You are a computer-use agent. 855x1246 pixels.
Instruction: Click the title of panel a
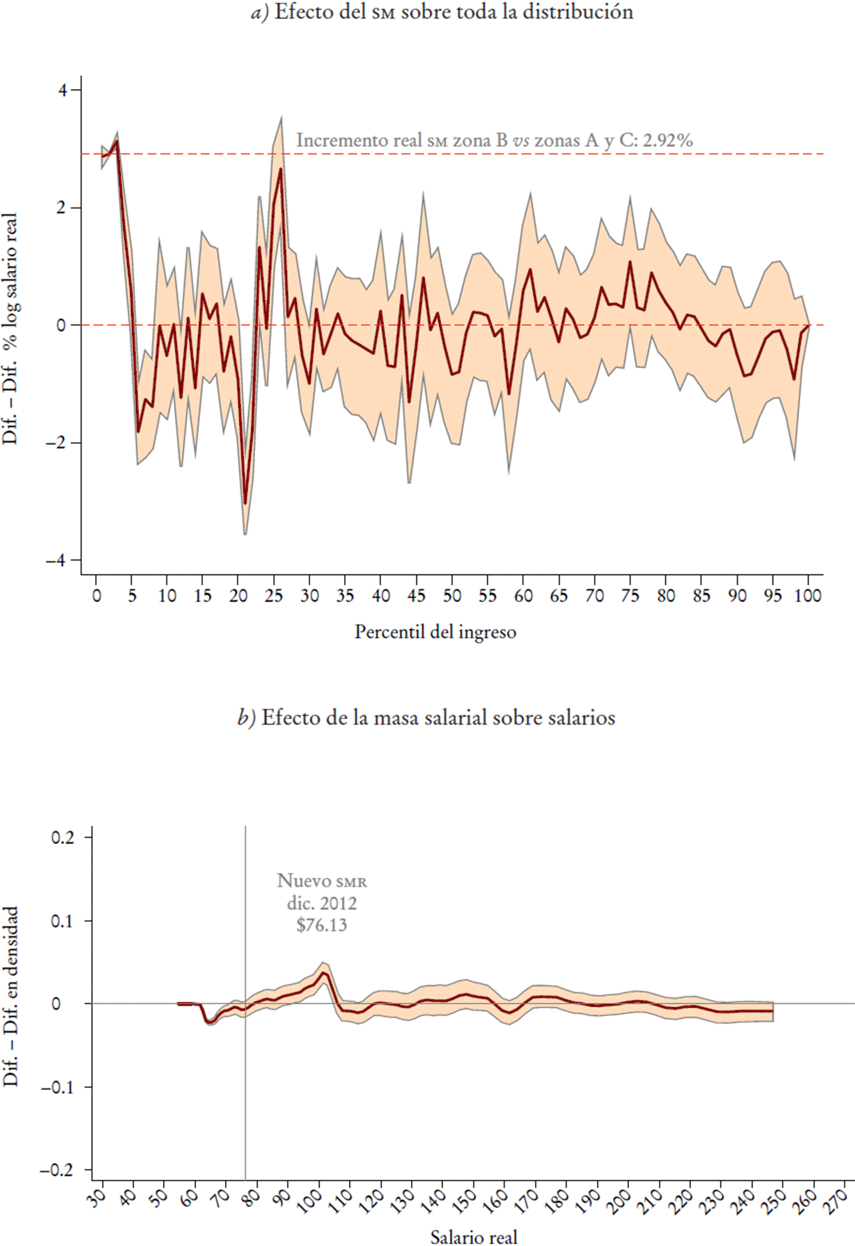(x=442, y=12)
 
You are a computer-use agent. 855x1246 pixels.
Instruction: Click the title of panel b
(x=426, y=718)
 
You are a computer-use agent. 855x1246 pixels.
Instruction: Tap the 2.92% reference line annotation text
(x=494, y=140)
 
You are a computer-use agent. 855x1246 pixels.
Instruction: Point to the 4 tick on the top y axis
(x=62, y=90)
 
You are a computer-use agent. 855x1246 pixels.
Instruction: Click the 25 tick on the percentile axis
(x=274, y=595)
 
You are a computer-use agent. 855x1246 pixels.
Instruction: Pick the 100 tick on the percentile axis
(x=808, y=595)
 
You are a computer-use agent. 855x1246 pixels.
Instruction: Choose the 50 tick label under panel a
(x=452, y=595)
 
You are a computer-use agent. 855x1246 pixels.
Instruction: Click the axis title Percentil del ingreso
(x=435, y=632)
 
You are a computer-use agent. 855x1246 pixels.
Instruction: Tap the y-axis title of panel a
(x=11, y=329)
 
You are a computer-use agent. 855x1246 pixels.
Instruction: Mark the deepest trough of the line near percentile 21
(x=245, y=503)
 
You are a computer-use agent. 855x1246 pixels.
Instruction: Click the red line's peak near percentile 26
(x=281, y=169)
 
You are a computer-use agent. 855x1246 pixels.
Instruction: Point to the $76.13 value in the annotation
(x=322, y=925)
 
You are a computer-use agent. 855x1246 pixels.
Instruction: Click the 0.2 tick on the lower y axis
(x=62, y=838)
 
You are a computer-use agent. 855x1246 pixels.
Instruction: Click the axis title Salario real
(x=473, y=1237)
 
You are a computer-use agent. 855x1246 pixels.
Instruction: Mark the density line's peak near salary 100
(x=324, y=972)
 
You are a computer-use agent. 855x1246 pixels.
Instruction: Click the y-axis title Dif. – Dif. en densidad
(x=11, y=1003)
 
